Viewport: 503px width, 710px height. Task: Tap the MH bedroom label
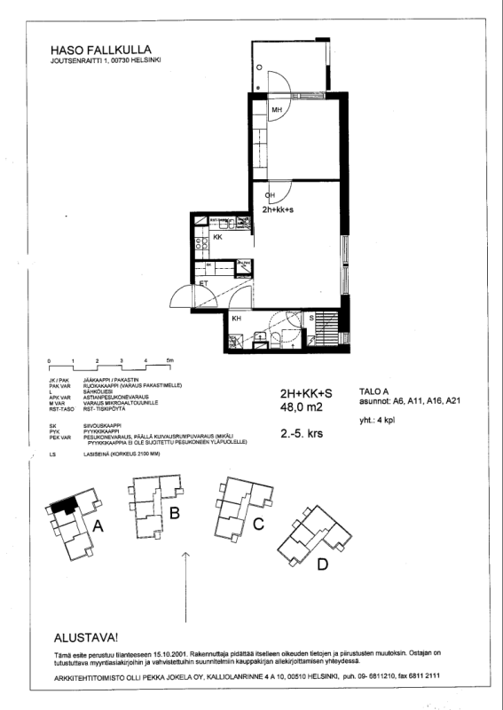277,110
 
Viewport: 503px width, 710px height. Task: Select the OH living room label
271,195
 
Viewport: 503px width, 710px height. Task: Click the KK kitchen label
217,238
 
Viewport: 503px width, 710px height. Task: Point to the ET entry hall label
202,284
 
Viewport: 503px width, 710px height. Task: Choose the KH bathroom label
237,319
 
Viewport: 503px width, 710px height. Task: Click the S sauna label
311,318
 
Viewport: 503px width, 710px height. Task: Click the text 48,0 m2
300,408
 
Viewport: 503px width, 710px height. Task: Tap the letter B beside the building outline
175,513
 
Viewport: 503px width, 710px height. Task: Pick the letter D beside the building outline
323,564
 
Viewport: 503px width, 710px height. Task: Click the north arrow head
185,554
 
